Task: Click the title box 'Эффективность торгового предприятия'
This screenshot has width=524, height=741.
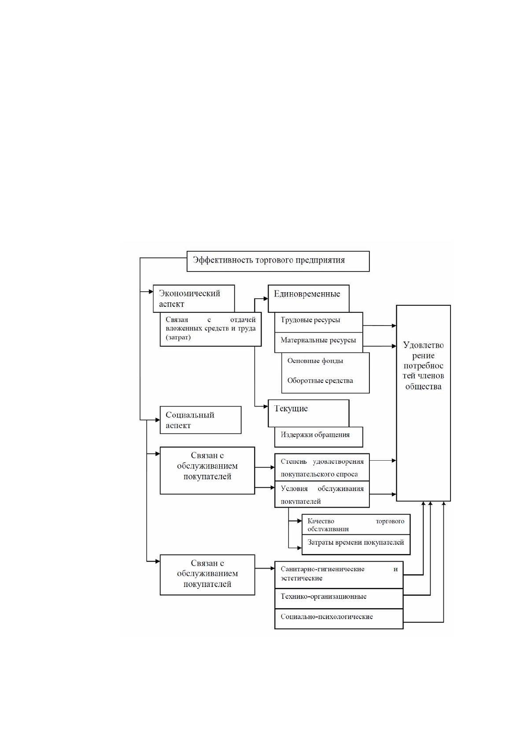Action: click(278, 261)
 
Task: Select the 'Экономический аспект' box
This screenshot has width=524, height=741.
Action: click(194, 298)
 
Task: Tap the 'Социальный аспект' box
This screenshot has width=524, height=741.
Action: click(200, 420)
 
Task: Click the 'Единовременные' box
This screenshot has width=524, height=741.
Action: click(308, 298)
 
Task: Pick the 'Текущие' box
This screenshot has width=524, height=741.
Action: click(308, 413)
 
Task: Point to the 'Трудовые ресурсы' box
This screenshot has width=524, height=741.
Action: click(318, 322)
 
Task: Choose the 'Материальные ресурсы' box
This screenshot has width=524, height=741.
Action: click(318, 342)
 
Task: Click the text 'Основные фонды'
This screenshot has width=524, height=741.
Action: click(315, 360)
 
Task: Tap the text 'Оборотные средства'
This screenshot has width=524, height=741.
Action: click(320, 381)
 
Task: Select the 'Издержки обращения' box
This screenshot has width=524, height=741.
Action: click(318, 437)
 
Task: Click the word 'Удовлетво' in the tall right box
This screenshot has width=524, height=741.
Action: click(423, 345)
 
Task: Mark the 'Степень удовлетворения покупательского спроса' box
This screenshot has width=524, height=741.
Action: click(322, 467)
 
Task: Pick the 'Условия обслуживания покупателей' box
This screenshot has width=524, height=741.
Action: click(322, 494)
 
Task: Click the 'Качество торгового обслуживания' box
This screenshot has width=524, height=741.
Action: click(356, 524)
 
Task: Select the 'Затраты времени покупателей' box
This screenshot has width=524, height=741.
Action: click(356, 544)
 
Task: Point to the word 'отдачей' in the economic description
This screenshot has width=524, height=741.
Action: click(243, 320)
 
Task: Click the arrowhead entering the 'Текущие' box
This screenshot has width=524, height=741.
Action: click(266, 406)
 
